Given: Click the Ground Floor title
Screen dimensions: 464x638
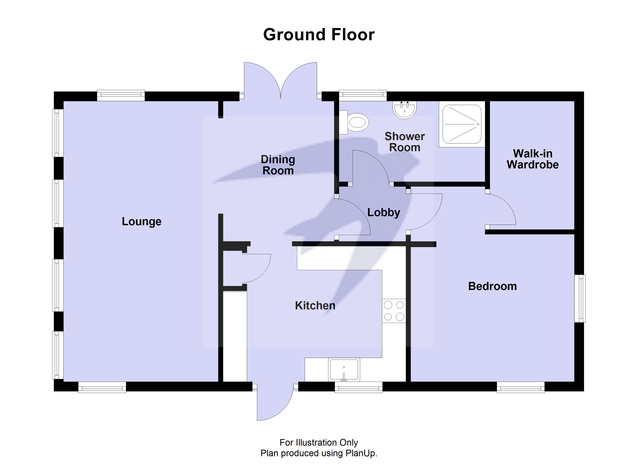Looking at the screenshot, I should (319, 35).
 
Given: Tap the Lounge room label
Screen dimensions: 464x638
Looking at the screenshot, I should (142, 221).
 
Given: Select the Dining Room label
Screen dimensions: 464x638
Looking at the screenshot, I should (278, 165).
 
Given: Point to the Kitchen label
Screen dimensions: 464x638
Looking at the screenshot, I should (315, 306).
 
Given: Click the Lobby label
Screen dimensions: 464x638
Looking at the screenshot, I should (384, 212).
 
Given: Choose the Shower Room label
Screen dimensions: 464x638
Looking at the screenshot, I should (404, 142).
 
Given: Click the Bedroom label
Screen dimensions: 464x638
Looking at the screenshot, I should (492, 286).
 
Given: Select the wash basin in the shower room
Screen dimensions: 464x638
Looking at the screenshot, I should (404, 110).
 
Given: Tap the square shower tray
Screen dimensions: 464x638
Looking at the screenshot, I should (462, 124).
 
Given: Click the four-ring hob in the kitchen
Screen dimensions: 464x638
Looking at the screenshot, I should (394, 311).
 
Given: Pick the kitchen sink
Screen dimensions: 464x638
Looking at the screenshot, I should (344, 370).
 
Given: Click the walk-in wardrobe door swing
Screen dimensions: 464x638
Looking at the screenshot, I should (501, 210).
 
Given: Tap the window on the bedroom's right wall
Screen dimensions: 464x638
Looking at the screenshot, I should (580, 298).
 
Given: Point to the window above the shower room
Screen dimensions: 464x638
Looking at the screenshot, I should (363, 95).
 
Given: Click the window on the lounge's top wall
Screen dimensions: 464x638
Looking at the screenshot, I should (121, 95).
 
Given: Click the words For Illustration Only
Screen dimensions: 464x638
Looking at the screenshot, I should (319, 443).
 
